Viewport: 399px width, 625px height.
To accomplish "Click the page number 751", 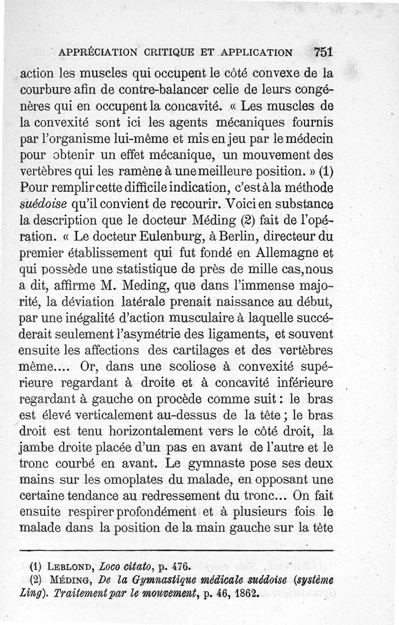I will click(323, 52).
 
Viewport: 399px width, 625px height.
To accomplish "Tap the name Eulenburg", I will click(154, 235).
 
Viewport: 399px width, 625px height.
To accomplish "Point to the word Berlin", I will click(231, 235).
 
